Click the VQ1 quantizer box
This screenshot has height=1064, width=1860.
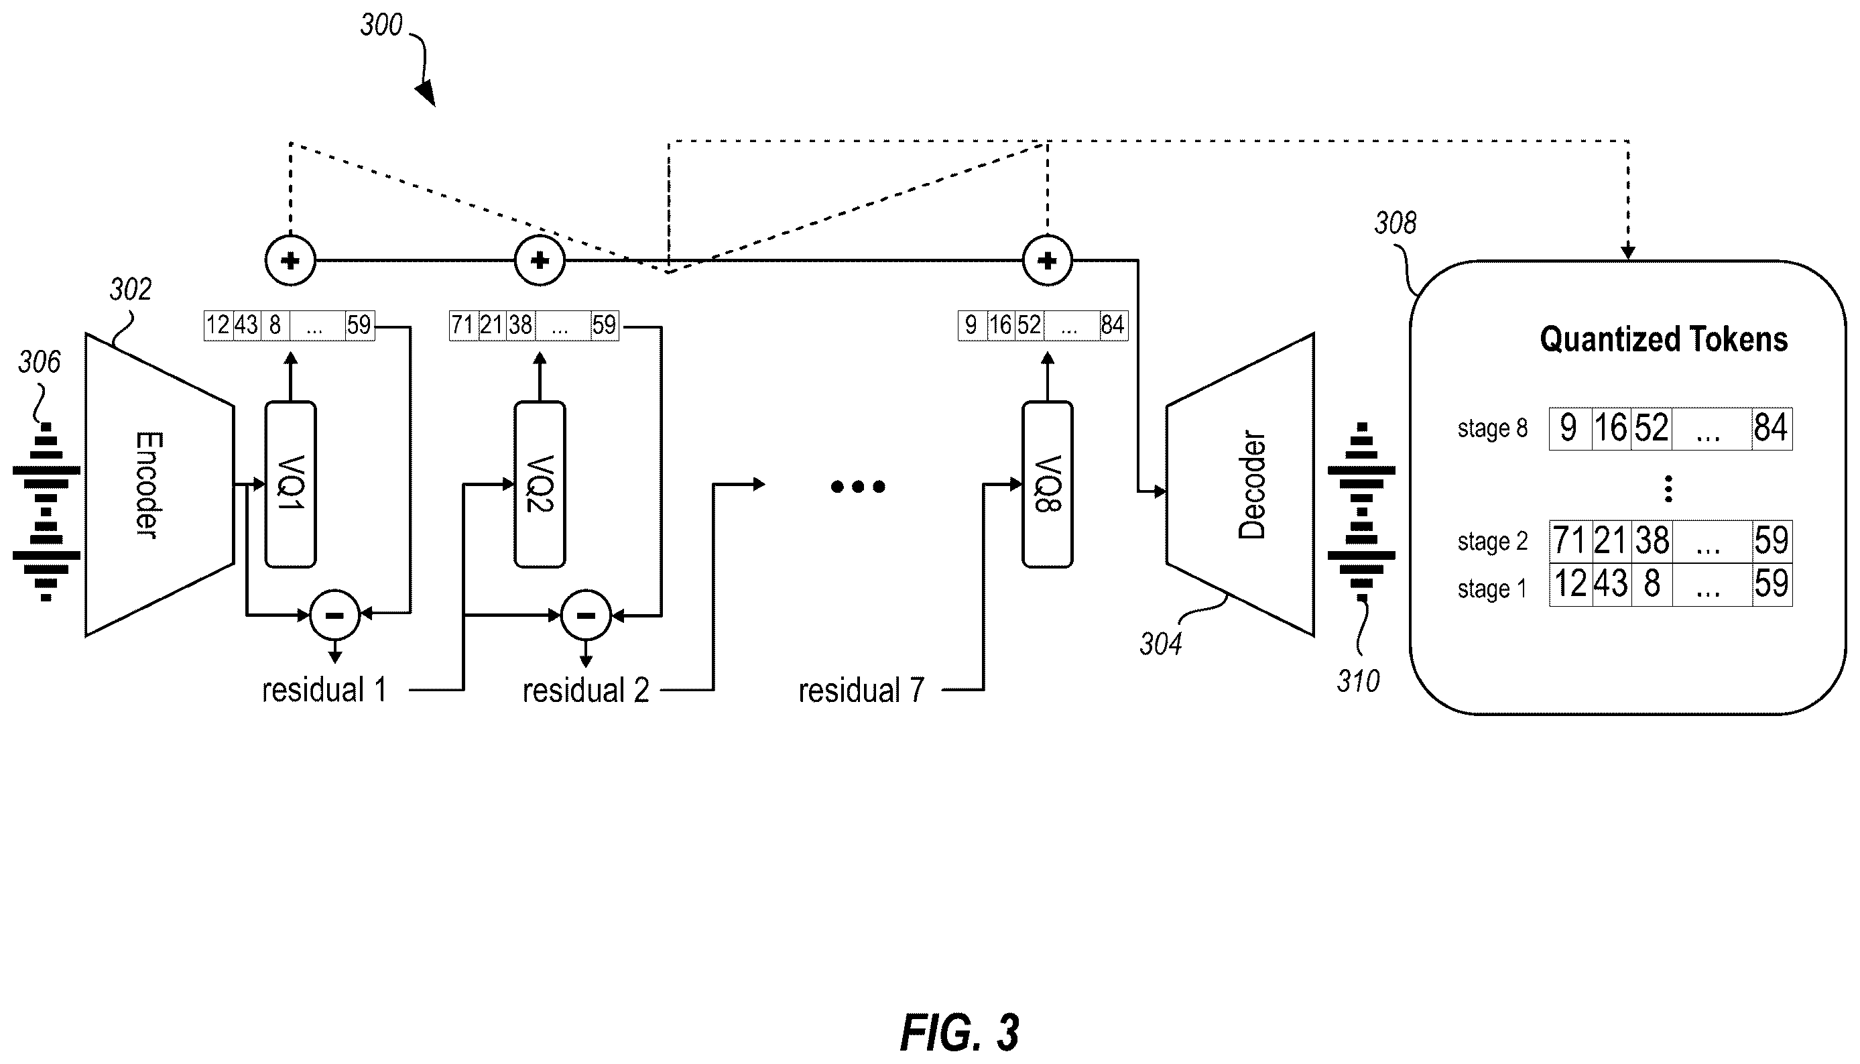tap(290, 485)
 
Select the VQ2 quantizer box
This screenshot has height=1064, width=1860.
tap(540, 485)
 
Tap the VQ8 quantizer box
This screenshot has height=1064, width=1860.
tap(1047, 485)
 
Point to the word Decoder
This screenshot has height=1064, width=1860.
tap(1251, 485)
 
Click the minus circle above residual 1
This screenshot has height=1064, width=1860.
tap(334, 615)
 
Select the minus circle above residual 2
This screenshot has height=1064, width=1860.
tap(585, 615)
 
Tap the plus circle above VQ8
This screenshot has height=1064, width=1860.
tap(1047, 260)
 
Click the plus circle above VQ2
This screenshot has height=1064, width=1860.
tap(540, 260)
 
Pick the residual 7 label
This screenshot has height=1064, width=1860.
tap(861, 691)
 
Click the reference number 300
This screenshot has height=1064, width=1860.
tap(381, 25)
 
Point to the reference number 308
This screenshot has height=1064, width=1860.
tap(1396, 223)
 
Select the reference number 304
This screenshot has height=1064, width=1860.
tap(1161, 644)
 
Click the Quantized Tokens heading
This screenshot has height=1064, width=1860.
tap(1664, 339)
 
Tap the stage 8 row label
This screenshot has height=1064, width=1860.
tap(1493, 428)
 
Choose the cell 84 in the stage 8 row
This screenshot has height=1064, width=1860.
tap(1772, 428)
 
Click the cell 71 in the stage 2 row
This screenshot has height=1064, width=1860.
tap(1570, 542)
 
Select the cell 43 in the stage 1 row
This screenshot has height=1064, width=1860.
tap(1611, 584)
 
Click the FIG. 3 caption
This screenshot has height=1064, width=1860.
tap(959, 1032)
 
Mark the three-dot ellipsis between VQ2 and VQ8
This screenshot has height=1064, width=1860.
tap(859, 487)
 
